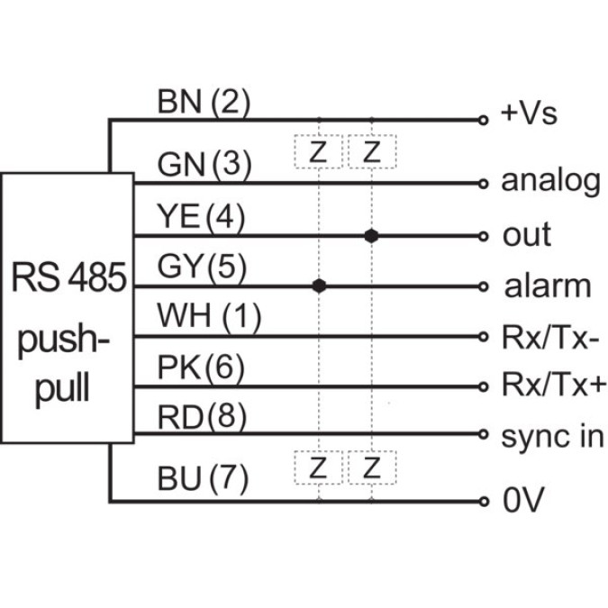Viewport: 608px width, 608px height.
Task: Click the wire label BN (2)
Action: (x=203, y=104)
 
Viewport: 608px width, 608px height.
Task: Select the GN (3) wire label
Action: (x=203, y=165)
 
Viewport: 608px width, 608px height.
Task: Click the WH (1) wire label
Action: (x=208, y=317)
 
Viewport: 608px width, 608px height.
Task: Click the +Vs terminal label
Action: (x=529, y=113)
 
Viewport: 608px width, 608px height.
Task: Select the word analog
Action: (x=550, y=182)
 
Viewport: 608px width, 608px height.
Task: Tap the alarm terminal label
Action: (x=548, y=286)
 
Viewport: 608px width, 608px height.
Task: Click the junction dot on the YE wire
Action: (x=370, y=235)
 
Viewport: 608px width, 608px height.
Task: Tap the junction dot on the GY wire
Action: (x=318, y=286)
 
